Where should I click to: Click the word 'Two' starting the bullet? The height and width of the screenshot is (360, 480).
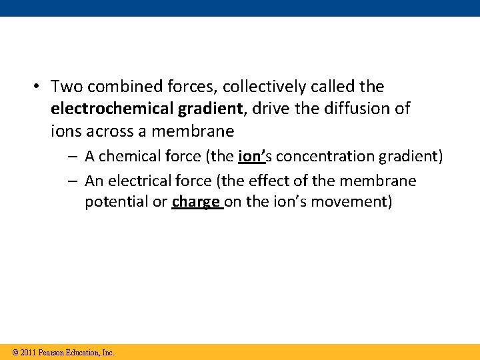(x=65, y=87)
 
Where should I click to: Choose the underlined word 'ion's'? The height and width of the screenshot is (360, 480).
(x=252, y=157)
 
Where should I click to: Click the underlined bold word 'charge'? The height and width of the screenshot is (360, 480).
(x=195, y=202)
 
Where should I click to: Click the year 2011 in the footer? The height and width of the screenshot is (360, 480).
(x=27, y=352)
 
